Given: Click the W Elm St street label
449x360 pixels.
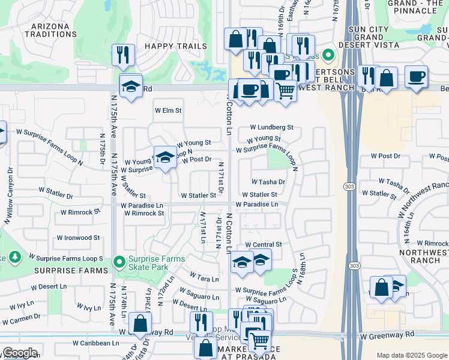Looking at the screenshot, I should coord(168,110).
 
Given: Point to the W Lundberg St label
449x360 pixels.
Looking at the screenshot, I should coord(271,127).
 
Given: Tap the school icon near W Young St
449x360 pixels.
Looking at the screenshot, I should coord(165,157).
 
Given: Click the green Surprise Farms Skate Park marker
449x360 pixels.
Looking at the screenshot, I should coord(120,260).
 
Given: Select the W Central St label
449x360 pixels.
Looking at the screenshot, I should coord(263,245).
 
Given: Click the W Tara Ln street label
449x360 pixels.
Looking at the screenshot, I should coord(204,279).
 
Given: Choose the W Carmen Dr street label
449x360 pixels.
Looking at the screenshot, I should coord(21,316).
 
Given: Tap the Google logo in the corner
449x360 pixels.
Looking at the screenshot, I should coord(20,353).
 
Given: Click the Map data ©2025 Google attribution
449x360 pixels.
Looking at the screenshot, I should coord(411,355).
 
